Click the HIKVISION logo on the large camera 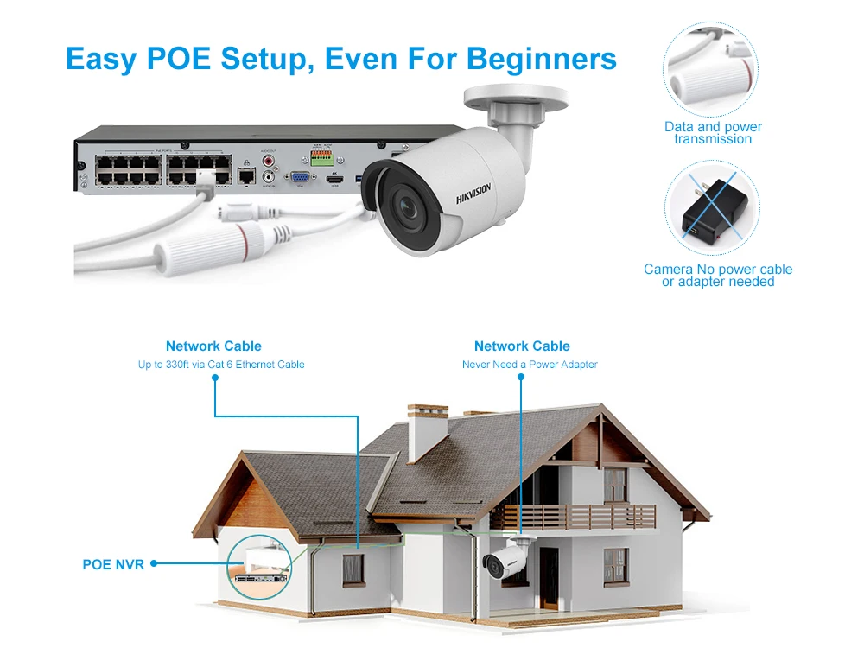pyautogui.click(x=473, y=194)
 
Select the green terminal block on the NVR pyautogui.click(x=321, y=160)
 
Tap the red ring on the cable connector pyautogui.click(x=250, y=238)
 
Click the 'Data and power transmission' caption pyautogui.click(x=713, y=132)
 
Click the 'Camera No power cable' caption pyautogui.click(x=718, y=270)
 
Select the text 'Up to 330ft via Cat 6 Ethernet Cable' pyautogui.click(x=221, y=365)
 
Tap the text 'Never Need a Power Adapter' pyautogui.click(x=530, y=365)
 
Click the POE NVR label pyautogui.click(x=113, y=564)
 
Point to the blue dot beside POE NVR pyautogui.click(x=154, y=564)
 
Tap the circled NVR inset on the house pyautogui.click(x=257, y=566)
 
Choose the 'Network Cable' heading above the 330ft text pyautogui.click(x=213, y=346)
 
